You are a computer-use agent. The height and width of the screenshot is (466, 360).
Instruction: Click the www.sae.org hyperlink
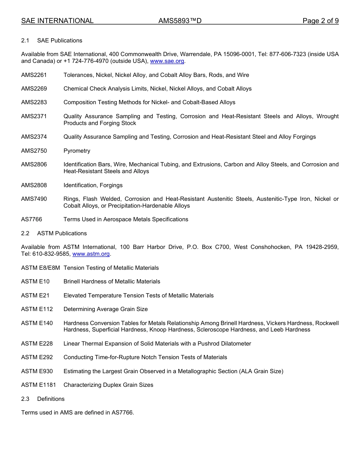pyautogui.click(x=167, y=61)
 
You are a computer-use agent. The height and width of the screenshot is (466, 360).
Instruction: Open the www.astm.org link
pyautogui.click(x=91, y=254)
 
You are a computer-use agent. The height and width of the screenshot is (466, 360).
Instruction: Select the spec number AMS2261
pyautogui.click(x=34, y=75)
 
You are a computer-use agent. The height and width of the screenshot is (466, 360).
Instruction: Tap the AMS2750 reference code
pyautogui.click(x=34, y=151)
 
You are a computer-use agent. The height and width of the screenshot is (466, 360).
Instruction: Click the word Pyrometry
pyautogui.click(x=77, y=151)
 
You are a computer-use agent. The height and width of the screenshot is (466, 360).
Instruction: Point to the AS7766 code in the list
pyautogui.click(x=32, y=219)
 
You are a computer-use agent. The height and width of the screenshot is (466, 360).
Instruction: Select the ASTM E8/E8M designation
pyautogui.click(x=41, y=268)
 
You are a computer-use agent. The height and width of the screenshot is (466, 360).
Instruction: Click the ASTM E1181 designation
pyautogui.click(x=39, y=385)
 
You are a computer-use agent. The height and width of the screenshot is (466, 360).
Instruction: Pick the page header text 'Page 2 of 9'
pyautogui.click(x=321, y=21)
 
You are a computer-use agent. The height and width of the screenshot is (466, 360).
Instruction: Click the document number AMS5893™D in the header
pyautogui.click(x=180, y=21)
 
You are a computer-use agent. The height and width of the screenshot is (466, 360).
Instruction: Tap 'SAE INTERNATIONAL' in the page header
pyautogui.click(x=57, y=21)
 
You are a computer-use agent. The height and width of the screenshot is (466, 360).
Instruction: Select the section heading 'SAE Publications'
pyautogui.click(x=59, y=41)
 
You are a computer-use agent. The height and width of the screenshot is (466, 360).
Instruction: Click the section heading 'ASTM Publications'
pyautogui.click(x=62, y=233)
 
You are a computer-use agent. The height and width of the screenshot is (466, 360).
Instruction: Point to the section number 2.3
pyautogui.click(x=25, y=399)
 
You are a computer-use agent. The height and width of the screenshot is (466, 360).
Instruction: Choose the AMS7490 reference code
pyautogui.click(x=34, y=199)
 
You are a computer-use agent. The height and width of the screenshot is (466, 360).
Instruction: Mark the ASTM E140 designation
pyautogui.click(x=37, y=323)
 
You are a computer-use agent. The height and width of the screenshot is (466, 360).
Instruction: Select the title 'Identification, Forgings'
pyautogui.click(x=93, y=185)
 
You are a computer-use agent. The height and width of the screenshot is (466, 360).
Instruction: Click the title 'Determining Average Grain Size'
pyautogui.click(x=106, y=309)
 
